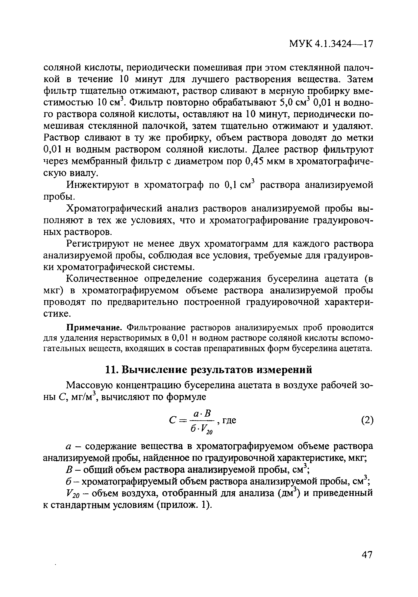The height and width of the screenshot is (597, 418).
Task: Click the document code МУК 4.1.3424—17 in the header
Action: click(x=331, y=44)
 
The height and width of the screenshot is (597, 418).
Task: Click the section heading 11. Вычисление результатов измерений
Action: click(x=208, y=369)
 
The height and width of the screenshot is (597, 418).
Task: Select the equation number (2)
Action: click(x=367, y=420)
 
